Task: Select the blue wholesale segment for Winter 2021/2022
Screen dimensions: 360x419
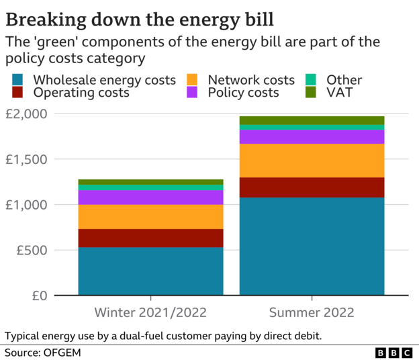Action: point(150,271)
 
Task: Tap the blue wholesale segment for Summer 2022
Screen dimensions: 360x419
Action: point(312,246)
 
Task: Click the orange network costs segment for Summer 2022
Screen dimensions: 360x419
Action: point(312,161)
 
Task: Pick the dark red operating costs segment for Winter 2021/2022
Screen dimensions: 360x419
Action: point(150,238)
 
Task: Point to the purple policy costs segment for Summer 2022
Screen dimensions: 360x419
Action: point(312,137)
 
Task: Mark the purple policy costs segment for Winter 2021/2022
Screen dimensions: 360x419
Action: point(150,197)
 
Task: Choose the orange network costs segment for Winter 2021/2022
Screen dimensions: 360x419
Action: point(150,217)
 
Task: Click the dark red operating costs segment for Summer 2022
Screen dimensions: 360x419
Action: point(312,187)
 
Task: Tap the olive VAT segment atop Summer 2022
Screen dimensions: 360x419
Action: point(312,120)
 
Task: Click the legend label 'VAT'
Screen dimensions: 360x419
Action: point(339,93)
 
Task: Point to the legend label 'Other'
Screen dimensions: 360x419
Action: point(344,80)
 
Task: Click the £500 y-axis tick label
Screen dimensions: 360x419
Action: point(31,251)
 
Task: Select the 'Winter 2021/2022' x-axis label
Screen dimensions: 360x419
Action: point(150,312)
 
